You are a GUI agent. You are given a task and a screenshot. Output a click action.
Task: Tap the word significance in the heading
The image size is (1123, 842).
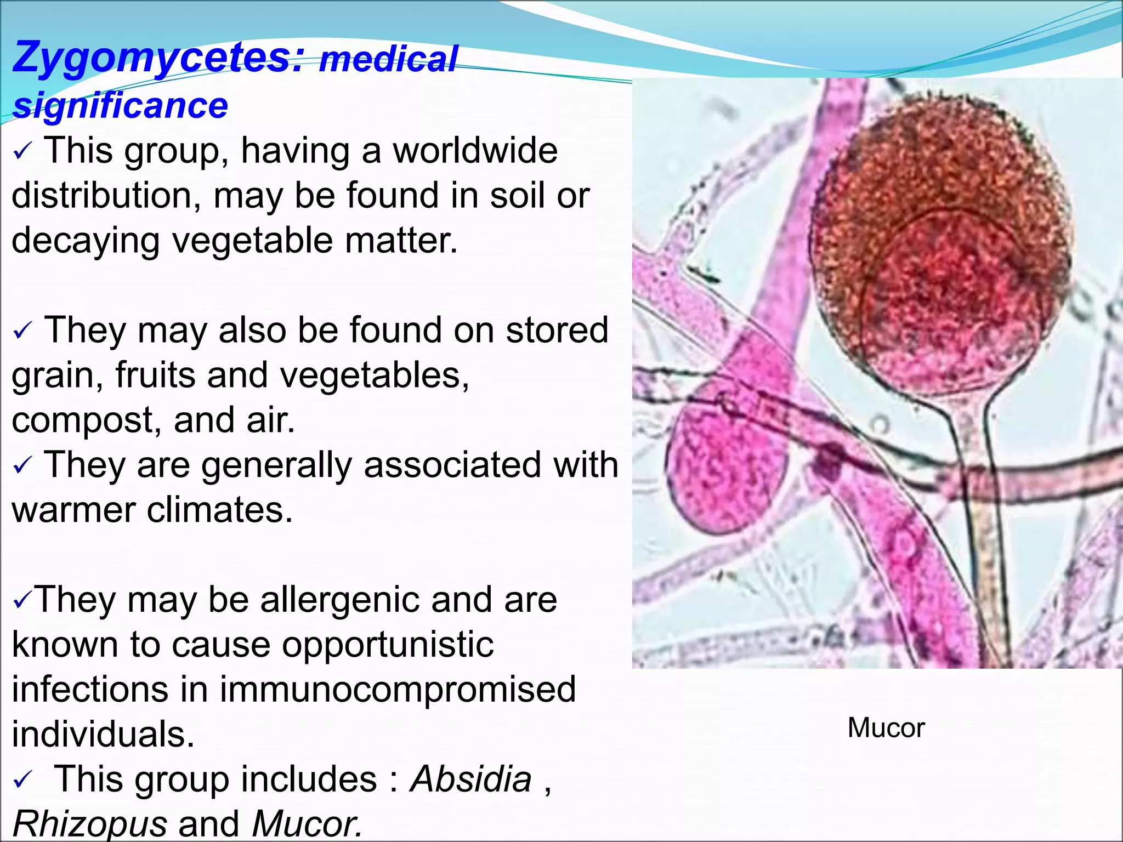pyautogui.click(x=120, y=105)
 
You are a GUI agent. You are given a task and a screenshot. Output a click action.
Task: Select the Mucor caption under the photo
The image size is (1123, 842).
pyautogui.click(x=886, y=728)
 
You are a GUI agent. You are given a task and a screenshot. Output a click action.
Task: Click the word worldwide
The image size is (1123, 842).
pyautogui.click(x=475, y=151)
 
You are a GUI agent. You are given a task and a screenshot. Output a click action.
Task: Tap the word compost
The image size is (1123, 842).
pyautogui.click(x=86, y=421)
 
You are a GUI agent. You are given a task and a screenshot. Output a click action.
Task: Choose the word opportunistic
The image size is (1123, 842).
pyautogui.click(x=388, y=645)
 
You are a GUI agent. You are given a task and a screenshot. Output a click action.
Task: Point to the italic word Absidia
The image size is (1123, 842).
pyautogui.click(x=471, y=779)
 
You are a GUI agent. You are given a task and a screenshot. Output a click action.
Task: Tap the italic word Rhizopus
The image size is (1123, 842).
pyautogui.click(x=89, y=823)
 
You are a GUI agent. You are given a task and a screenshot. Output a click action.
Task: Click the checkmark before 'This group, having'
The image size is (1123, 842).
pyautogui.click(x=23, y=152)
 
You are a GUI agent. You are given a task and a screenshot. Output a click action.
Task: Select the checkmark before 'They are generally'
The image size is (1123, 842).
pyautogui.click(x=23, y=466)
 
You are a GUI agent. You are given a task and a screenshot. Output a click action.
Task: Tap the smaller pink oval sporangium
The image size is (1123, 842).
pyautogui.click(x=724, y=466)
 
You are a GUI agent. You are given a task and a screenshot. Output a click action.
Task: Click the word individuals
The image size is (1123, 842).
pyautogui.click(x=103, y=735)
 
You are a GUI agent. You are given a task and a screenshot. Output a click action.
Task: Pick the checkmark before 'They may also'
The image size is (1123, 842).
pyautogui.click(x=23, y=332)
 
